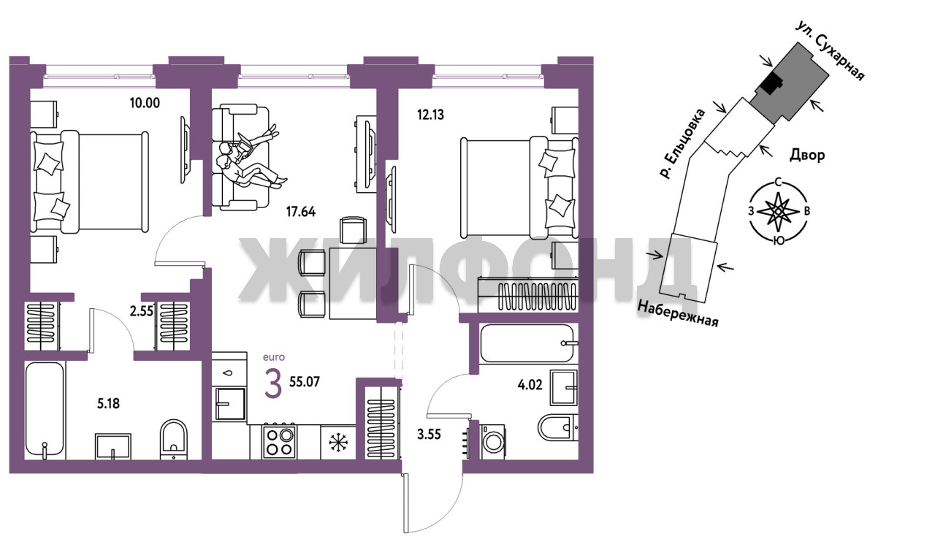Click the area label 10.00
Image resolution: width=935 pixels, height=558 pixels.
tap(145, 103)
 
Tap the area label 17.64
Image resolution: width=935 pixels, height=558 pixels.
tap(300, 212)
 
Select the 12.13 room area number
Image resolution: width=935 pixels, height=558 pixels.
tap(431, 115)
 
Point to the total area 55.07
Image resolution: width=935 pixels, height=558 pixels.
tap(305, 382)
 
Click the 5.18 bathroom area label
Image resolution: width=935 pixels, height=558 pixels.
tap(109, 404)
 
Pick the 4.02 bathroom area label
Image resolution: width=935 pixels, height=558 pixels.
tap(530, 384)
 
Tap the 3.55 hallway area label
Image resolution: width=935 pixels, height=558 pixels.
tap(429, 435)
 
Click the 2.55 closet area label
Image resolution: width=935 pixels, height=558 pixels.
tap(142, 311)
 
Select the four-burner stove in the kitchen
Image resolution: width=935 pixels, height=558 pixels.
tap(279, 442)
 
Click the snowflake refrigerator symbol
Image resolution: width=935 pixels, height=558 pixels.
tap(337, 443)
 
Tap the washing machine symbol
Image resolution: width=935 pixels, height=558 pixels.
tap(492, 443)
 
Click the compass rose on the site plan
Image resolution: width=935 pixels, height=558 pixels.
tap(778, 212)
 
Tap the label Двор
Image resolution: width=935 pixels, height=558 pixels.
tap(807, 156)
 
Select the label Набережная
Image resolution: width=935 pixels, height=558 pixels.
tap(678, 314)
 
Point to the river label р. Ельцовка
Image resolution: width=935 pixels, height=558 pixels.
tap(682, 144)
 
